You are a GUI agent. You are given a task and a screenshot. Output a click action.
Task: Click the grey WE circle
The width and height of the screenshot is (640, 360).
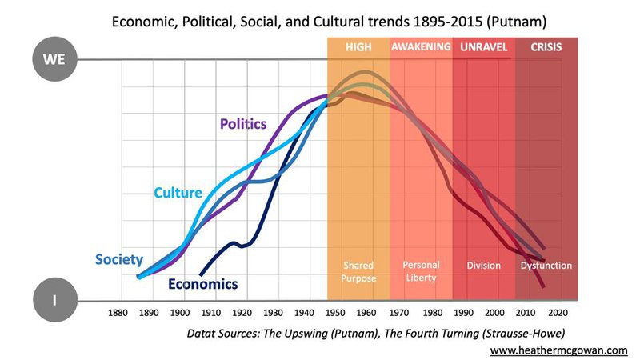point(54,59)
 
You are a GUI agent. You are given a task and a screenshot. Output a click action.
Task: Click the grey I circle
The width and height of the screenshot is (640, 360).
point(54,302)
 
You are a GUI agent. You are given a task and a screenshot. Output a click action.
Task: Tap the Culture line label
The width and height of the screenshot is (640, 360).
point(178,193)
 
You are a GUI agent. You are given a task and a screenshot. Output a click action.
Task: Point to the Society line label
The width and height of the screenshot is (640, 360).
point(119,259)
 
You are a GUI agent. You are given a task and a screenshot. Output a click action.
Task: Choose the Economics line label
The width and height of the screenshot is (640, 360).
point(203,283)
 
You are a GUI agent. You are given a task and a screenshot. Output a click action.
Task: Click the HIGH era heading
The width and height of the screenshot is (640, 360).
point(358,47)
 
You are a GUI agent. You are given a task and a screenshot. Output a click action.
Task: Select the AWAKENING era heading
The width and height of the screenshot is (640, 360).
point(422,47)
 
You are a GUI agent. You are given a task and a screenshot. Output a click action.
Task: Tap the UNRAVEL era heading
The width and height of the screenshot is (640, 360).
point(484,47)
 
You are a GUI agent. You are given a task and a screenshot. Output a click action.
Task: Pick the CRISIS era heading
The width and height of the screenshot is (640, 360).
point(546,47)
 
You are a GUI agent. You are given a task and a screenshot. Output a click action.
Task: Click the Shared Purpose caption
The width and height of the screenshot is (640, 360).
point(358,270)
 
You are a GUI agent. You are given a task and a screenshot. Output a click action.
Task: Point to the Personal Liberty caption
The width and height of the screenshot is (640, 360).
point(421,270)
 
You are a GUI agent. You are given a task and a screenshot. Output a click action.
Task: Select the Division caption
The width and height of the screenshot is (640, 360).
point(483,266)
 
